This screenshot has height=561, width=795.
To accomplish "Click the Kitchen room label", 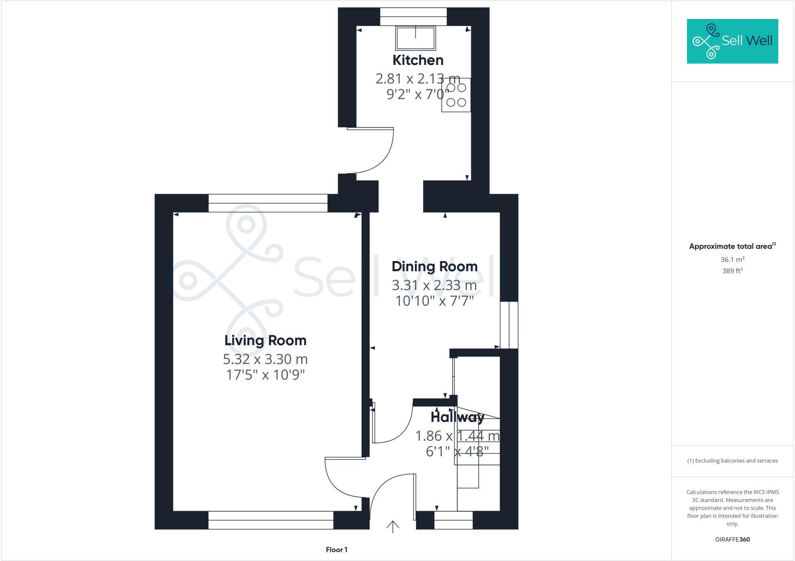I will (418, 60).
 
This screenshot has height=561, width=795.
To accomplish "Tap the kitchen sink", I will (415, 38).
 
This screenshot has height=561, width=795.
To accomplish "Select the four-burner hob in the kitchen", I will (456, 95).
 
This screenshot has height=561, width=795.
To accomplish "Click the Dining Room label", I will (434, 267).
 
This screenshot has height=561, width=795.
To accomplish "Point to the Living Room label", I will (266, 341).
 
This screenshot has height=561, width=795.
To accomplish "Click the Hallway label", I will (457, 417).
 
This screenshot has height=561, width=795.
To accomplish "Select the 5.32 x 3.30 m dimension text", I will (265, 359).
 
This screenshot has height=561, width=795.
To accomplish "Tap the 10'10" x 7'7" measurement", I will (434, 301).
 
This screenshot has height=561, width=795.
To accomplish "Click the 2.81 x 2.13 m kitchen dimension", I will (418, 79).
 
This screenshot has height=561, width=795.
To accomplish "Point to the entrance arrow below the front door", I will (393, 526).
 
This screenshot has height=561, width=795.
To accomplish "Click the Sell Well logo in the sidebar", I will (733, 41).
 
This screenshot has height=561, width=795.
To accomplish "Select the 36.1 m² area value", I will (733, 260).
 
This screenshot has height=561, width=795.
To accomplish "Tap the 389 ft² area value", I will (733, 271).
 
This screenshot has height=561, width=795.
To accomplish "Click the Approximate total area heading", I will (732, 246).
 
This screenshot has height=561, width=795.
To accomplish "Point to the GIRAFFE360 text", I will (733, 539).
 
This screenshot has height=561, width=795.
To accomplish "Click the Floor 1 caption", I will (337, 550).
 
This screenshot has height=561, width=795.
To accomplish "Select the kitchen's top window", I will (413, 17).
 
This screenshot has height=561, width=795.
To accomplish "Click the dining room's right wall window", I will (509, 325).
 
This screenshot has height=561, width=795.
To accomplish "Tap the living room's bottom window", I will (271, 520).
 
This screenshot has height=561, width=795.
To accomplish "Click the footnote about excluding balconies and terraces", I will (733, 461).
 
